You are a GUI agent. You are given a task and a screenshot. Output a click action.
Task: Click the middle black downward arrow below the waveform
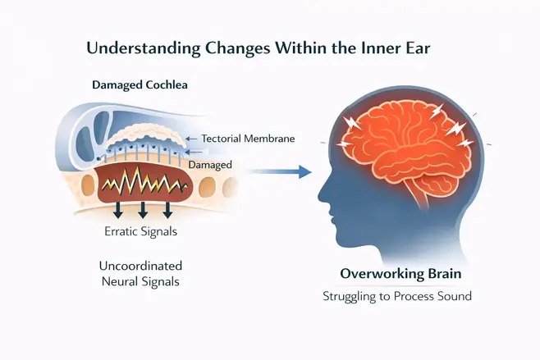pos(142,210)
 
